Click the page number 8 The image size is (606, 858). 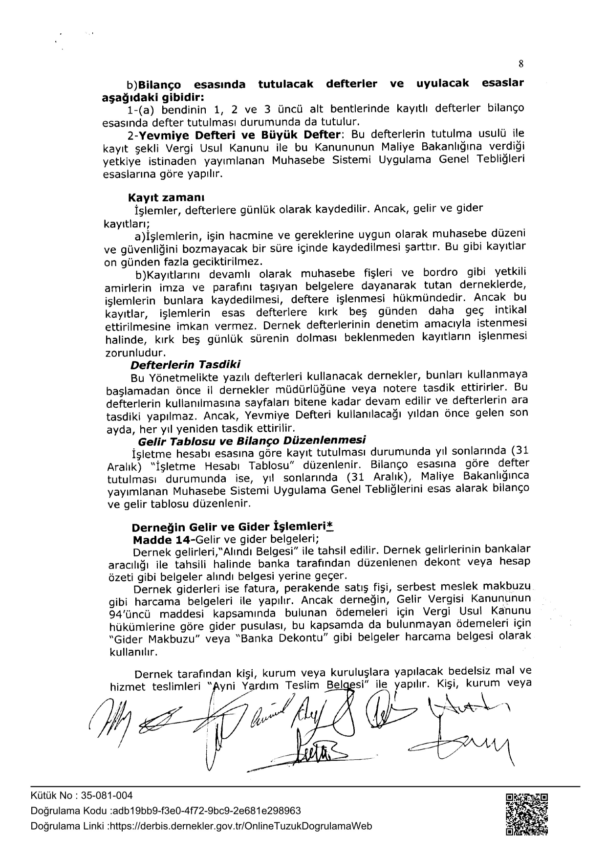tap(521, 64)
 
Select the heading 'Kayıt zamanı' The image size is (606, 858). tap(166, 198)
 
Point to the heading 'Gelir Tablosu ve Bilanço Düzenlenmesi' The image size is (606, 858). tap(252, 440)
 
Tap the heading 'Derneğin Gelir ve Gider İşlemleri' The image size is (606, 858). tap(229, 527)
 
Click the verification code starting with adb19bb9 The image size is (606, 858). tap(206, 811)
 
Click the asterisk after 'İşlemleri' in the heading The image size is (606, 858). tap(329, 526)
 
